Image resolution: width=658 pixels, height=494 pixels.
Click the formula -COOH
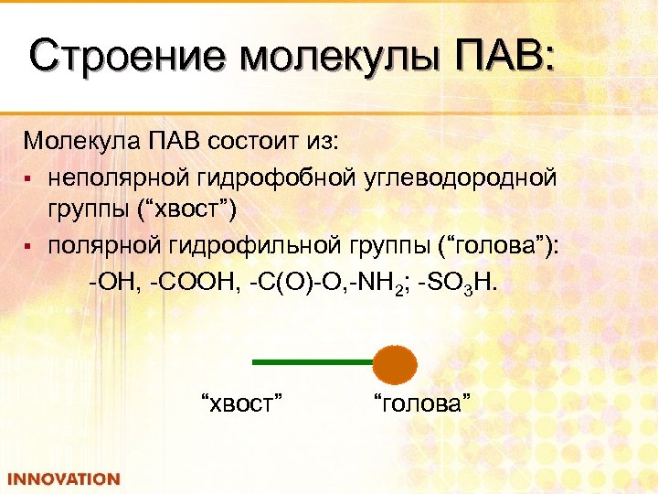click(195, 281)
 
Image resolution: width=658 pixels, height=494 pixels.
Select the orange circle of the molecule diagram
click(395, 363)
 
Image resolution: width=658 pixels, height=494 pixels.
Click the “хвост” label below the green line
click(239, 402)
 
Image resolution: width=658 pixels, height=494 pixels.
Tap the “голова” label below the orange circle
click(421, 402)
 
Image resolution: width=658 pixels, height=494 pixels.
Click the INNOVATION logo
click(63, 478)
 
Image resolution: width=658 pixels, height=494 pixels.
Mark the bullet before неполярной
click(30, 177)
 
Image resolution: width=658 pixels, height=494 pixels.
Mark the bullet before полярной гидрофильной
click(30, 248)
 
